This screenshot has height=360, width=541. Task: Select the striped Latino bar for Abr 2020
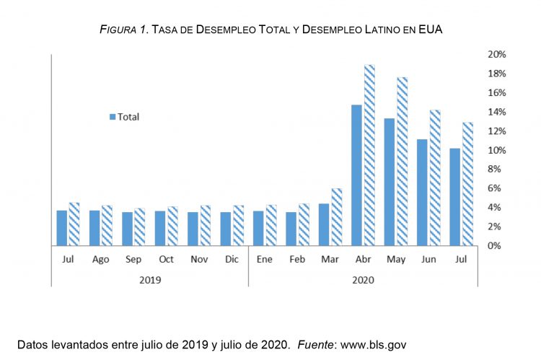(x=369, y=155)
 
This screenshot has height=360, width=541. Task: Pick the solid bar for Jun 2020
(x=422, y=192)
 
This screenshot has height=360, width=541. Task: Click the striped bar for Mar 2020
(x=337, y=216)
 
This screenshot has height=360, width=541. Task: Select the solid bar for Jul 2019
(x=62, y=227)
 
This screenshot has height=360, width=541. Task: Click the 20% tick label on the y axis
(x=497, y=55)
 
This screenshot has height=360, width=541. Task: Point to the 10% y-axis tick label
(x=497, y=150)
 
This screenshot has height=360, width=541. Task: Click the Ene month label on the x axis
(x=264, y=260)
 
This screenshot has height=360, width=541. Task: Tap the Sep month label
(x=133, y=260)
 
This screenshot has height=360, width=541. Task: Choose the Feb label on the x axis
(x=297, y=260)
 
